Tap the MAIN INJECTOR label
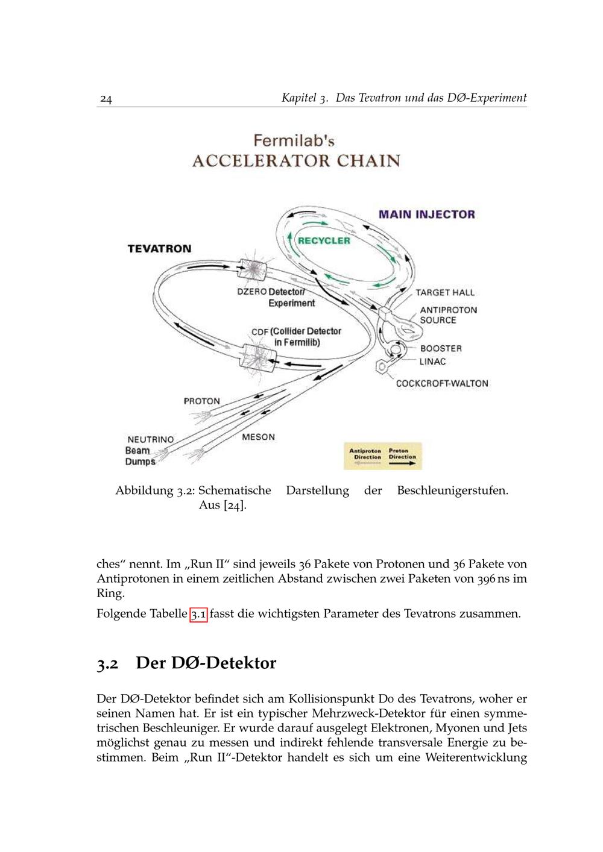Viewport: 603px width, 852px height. [x=426, y=215]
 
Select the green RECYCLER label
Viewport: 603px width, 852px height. [x=324, y=240]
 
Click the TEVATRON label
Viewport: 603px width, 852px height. [x=159, y=249]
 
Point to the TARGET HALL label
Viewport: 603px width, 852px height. [x=445, y=293]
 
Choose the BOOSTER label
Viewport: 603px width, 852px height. [x=441, y=349]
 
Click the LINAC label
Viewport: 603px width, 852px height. [x=433, y=362]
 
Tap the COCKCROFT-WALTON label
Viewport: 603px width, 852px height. [x=442, y=384]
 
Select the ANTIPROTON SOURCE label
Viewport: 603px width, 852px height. [x=448, y=315]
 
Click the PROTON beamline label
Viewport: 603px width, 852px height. [x=202, y=401]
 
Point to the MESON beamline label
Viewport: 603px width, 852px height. [x=258, y=437]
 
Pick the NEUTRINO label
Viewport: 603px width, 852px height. [x=150, y=440]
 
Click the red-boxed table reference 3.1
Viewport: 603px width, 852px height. [x=198, y=615]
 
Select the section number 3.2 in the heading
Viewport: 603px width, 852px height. [x=107, y=664]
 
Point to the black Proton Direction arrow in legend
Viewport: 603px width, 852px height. [x=402, y=464]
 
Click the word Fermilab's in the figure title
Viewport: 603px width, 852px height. [x=294, y=141]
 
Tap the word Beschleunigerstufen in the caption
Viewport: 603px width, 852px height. [x=452, y=490]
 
